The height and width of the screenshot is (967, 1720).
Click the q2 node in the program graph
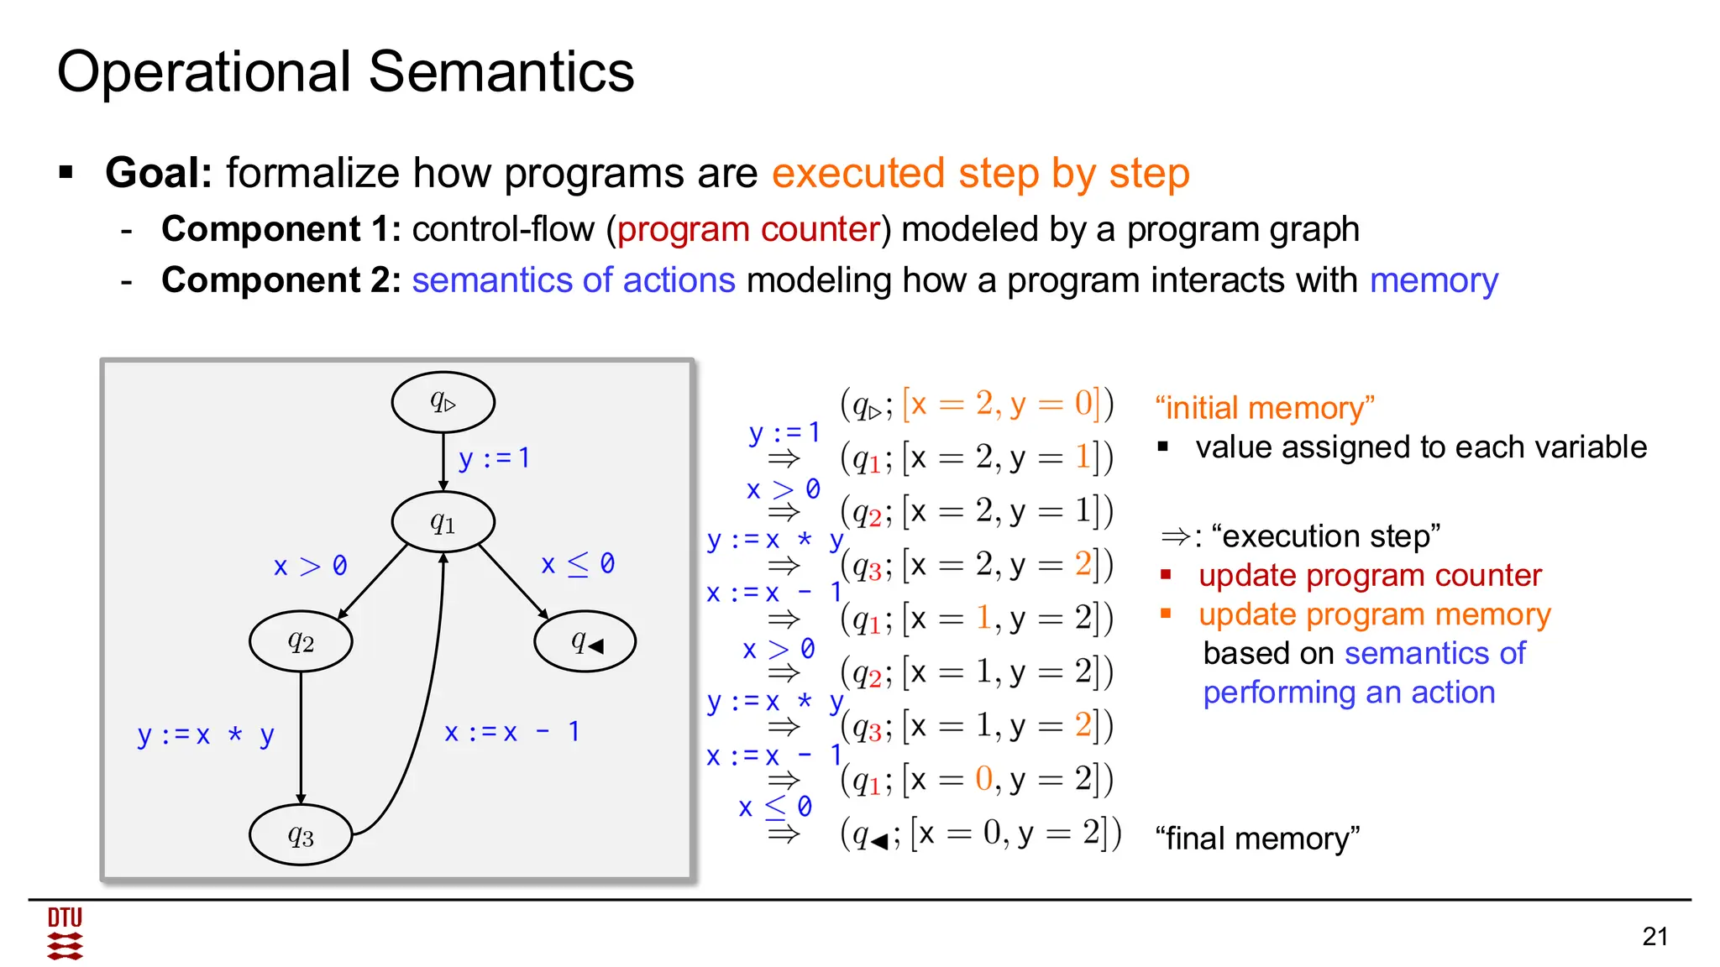click(301, 641)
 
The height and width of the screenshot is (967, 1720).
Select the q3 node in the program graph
click(301, 835)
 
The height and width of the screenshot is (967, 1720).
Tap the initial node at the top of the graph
click(443, 402)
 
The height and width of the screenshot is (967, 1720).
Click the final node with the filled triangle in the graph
click(585, 642)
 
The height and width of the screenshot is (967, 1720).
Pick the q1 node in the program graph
click(443, 523)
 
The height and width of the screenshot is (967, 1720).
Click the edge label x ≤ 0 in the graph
click(578, 564)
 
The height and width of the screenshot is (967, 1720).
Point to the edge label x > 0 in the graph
click(310, 567)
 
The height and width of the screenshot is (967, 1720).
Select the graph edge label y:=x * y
click(206, 735)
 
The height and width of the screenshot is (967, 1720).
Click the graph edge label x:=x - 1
click(511, 732)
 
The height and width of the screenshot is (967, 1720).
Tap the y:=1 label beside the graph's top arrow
click(494, 458)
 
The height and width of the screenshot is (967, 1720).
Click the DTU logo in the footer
click(65, 933)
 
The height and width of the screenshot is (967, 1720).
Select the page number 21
click(1654, 936)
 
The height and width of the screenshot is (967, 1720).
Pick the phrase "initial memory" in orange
click(1264, 408)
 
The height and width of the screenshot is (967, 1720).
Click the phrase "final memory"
click(1256, 838)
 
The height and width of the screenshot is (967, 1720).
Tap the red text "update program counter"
click(1369, 576)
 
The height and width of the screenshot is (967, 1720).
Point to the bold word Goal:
click(159, 174)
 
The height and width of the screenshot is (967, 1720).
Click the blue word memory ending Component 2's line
click(1433, 280)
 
